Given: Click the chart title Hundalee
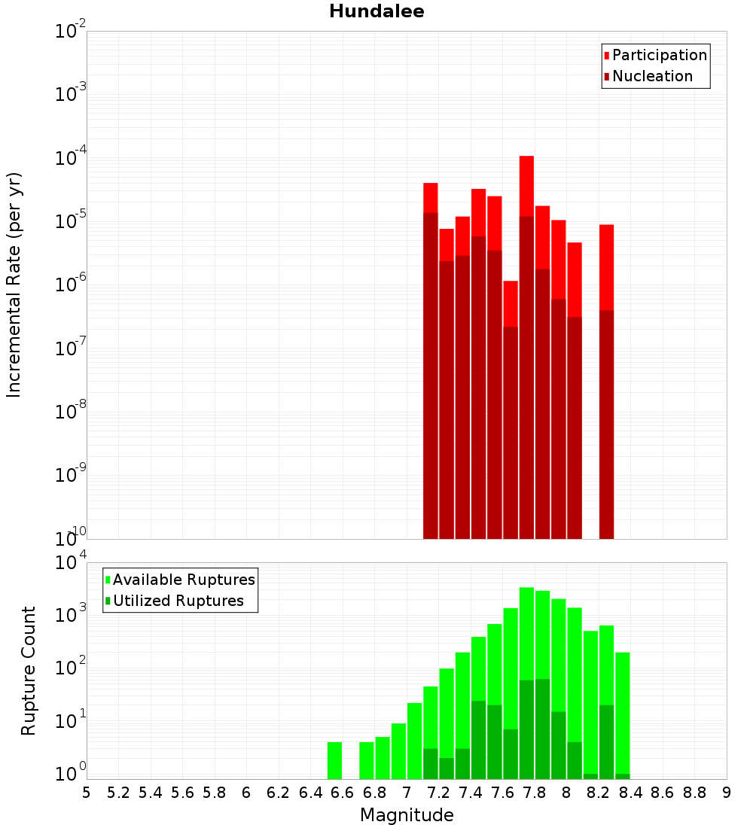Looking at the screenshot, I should (x=376, y=12).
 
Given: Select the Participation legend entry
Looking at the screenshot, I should (x=659, y=55).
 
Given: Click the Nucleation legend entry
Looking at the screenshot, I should (x=652, y=76).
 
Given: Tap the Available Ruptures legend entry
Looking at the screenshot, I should (x=184, y=580).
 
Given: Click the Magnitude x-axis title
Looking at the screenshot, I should (x=407, y=815).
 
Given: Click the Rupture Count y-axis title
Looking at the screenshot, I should (x=29, y=671).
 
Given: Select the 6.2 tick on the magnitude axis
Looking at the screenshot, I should (x=279, y=793).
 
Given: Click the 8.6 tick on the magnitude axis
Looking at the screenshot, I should (x=663, y=793).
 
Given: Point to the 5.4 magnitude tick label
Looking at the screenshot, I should (x=151, y=793).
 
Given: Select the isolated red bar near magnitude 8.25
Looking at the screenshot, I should (x=606, y=263).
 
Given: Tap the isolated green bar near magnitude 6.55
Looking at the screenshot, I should (x=334, y=760).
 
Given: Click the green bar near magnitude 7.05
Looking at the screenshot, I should (x=414, y=741).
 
